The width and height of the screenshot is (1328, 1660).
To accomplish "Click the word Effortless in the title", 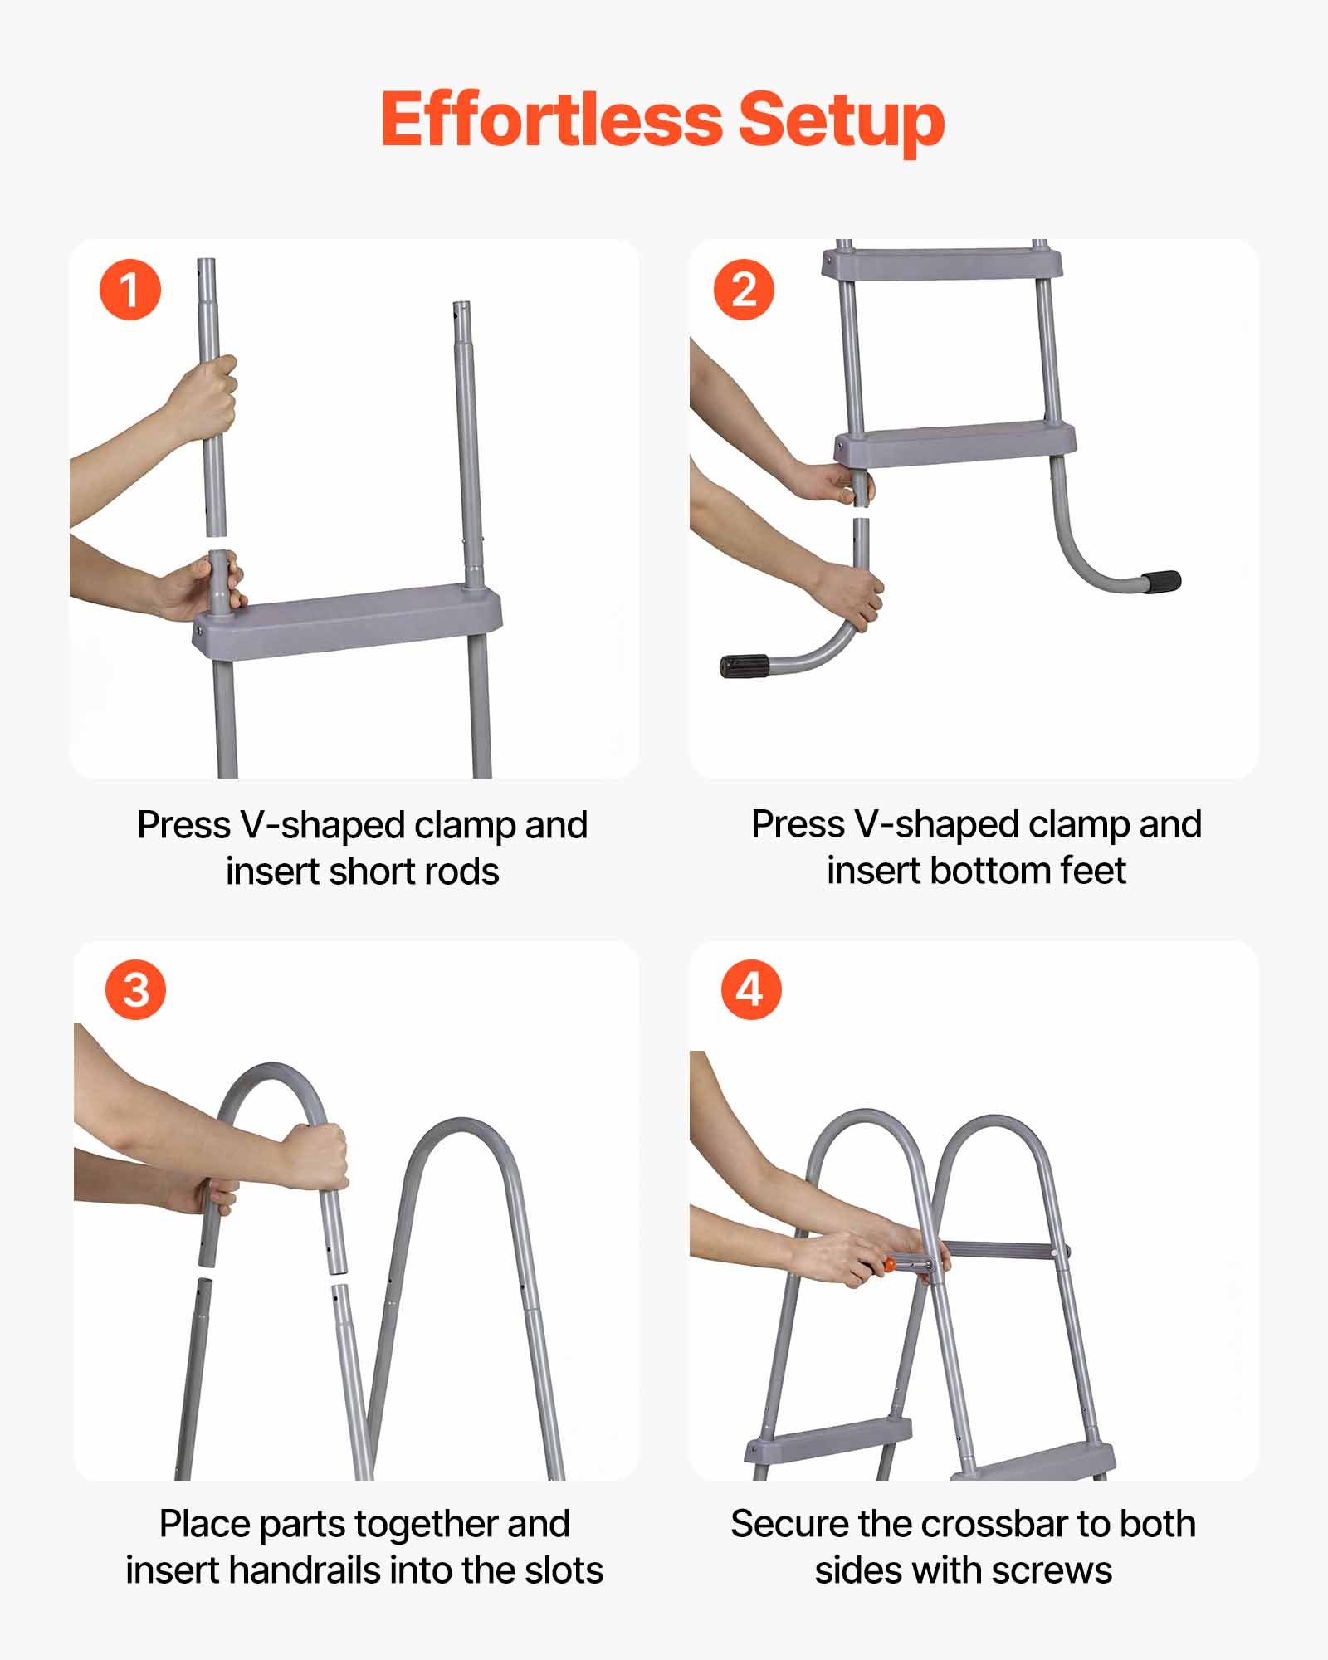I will [553, 120].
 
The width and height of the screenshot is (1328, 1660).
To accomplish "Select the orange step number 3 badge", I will [135, 990].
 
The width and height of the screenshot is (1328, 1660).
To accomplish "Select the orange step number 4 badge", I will [750, 989].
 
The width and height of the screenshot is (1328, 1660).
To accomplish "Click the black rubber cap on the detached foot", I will [744, 666].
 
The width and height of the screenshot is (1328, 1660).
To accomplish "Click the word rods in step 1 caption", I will [465, 871].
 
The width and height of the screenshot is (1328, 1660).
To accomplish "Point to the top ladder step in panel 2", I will [942, 266].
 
